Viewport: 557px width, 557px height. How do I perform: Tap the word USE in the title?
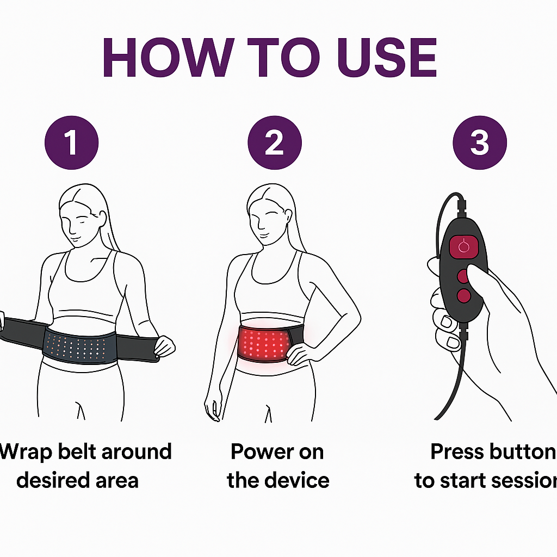[387, 58]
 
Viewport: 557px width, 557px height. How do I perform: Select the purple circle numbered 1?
[71, 143]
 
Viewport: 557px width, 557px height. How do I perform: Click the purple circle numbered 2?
[275, 143]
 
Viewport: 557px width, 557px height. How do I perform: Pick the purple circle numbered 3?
[480, 143]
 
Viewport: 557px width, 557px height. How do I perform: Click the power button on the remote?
[463, 246]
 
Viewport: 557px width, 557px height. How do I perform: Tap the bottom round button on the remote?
[463, 295]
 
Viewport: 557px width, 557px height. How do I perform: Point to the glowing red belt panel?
[263, 344]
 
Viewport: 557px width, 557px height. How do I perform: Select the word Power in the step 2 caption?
[262, 452]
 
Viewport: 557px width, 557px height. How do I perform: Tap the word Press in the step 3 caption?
[457, 452]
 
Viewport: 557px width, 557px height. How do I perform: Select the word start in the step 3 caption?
[462, 481]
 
